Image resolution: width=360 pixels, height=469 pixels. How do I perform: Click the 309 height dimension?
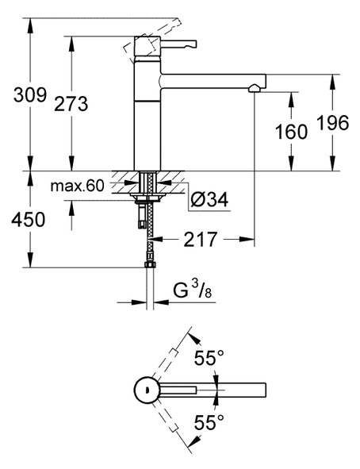pos(30,95)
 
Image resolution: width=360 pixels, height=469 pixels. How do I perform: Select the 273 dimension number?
pos(71,104)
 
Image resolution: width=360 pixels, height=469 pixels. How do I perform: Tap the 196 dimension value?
pos(332,122)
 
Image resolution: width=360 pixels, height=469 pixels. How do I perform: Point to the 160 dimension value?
pos(291,132)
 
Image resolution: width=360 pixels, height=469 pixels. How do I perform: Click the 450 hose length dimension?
pos(29,219)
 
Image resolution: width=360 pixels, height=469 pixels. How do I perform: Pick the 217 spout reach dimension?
pos(200,239)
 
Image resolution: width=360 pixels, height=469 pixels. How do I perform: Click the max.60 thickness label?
pos(78,186)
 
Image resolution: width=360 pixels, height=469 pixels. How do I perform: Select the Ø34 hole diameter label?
pos(209,199)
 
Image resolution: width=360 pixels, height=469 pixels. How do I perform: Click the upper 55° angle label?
pos(209,358)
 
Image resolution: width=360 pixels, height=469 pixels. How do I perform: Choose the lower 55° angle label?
pos(209,422)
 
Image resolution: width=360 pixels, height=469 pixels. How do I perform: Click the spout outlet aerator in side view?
pos(255,88)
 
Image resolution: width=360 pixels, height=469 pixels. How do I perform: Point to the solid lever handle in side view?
pos(178,44)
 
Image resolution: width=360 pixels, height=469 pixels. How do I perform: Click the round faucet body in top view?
pos(147,390)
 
